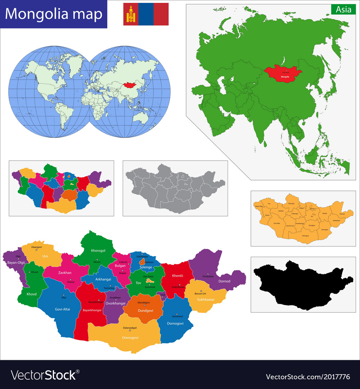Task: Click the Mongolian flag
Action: coord(146,14)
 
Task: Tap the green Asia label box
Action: coord(343,10)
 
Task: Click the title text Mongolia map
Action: coord(54,14)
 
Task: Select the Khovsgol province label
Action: coord(98,250)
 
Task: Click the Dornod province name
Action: coord(224,281)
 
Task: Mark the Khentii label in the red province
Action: coord(177,276)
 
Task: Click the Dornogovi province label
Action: coord(175,323)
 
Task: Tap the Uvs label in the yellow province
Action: coord(45,256)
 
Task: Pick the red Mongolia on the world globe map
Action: coord(131,86)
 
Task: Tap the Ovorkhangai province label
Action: coord(115,303)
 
